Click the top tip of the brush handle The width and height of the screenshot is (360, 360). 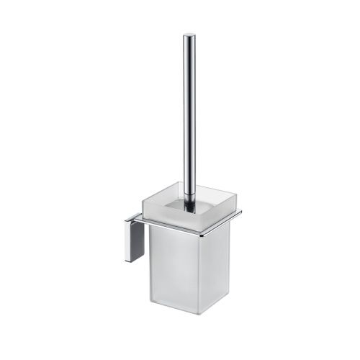(x=189, y=35)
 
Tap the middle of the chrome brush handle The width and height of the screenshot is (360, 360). (x=189, y=115)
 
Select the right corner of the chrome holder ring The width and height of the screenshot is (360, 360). (x=240, y=212)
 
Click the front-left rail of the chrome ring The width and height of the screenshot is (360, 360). (x=173, y=229)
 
